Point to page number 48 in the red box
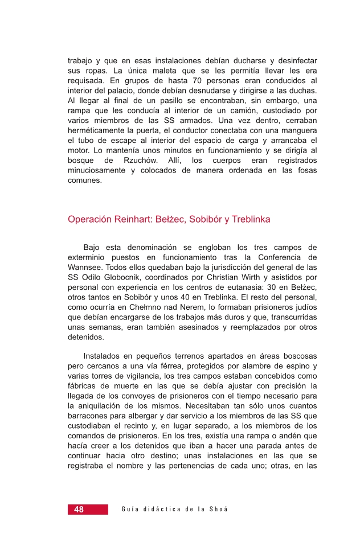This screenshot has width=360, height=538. point(78,510)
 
